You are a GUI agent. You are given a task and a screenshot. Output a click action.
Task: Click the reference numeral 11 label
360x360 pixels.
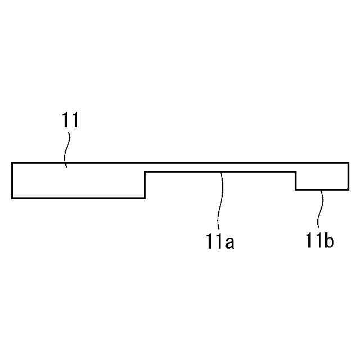[70, 120]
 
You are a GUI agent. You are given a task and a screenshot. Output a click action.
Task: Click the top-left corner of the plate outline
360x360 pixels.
[12, 163]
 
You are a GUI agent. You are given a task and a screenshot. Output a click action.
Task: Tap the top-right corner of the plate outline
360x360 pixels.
[348, 163]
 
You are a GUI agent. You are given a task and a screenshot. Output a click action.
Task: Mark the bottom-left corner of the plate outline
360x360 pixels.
[12, 197]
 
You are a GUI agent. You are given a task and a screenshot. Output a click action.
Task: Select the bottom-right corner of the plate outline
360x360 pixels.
[348, 190]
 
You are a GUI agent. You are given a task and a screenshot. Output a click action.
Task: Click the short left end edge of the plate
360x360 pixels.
[12, 180]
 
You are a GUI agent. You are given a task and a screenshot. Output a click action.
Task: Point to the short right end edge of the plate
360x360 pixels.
[348, 176]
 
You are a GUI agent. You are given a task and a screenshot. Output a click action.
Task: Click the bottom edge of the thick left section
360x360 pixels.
[79, 197]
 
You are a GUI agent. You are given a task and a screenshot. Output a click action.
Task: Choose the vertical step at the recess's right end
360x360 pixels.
[296, 181]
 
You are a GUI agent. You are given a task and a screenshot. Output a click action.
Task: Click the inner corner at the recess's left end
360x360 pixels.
[145, 172]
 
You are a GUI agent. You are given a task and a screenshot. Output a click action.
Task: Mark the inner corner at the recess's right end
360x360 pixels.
[296, 172]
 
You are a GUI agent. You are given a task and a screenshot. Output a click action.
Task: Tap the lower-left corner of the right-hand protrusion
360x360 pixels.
[296, 190]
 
